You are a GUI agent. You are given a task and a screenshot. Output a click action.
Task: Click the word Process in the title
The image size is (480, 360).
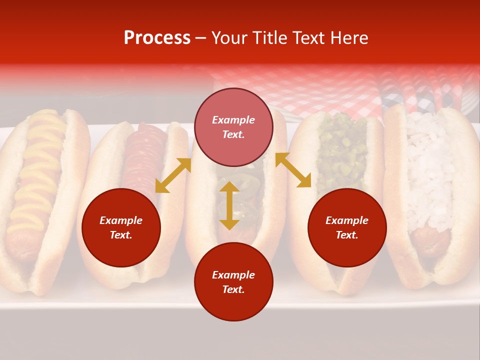157,38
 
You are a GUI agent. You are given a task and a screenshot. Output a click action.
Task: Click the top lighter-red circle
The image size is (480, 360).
233,127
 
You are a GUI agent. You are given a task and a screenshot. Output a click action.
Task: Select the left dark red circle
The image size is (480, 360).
121,228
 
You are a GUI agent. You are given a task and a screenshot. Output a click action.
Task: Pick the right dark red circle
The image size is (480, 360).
347,228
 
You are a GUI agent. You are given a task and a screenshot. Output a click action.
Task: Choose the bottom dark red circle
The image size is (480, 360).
233,282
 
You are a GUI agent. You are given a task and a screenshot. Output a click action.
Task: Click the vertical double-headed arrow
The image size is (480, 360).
229,205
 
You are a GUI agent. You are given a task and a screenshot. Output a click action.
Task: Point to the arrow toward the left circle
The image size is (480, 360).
173,175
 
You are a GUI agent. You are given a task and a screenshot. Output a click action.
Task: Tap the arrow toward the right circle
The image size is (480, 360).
293,170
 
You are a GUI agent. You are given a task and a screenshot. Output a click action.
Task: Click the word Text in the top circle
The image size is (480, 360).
233,135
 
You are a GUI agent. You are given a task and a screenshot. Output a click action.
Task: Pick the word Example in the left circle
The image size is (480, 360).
121,220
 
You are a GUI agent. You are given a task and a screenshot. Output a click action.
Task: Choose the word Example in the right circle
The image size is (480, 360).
347,220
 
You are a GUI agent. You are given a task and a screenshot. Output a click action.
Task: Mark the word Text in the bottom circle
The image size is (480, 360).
233,289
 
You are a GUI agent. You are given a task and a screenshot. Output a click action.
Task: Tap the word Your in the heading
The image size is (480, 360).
230,38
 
